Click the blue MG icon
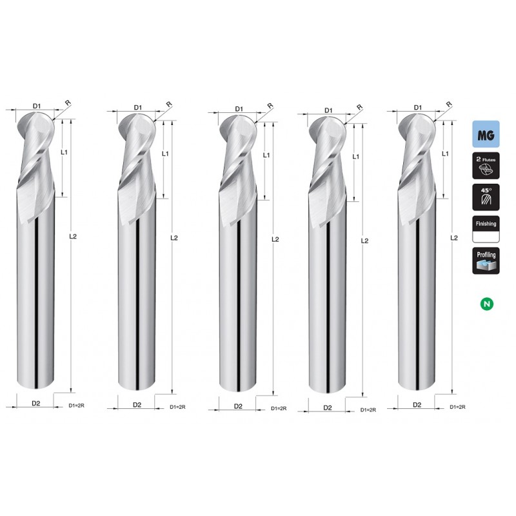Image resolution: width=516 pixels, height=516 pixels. (x=486, y=134)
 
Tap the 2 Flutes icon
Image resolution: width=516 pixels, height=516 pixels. (x=486, y=166)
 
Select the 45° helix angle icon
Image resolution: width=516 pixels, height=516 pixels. (x=486, y=197)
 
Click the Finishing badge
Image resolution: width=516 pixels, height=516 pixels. (x=486, y=229)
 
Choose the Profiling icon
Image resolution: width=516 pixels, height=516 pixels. (x=486, y=261)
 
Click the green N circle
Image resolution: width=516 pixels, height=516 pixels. (x=487, y=303)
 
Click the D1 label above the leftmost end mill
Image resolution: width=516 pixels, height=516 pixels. (x=37, y=106)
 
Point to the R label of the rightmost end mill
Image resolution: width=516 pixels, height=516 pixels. (x=449, y=104)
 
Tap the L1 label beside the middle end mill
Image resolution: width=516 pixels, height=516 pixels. (x=266, y=155)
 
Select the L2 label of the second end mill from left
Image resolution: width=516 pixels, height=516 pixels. (x=174, y=238)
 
